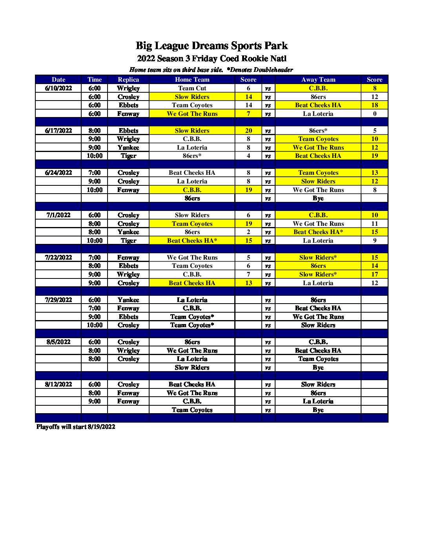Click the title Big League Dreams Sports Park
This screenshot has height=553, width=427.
click(212, 46)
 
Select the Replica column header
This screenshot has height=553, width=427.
click(128, 79)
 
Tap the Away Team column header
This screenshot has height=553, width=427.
click(318, 79)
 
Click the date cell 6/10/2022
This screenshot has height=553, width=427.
click(58, 88)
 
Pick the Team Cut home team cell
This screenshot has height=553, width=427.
click(192, 88)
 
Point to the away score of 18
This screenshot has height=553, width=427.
click(374, 105)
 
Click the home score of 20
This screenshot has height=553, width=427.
click(248, 131)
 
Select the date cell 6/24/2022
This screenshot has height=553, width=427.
click(58, 173)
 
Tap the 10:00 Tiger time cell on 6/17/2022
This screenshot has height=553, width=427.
click(95, 156)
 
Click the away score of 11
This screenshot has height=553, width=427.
click(374, 224)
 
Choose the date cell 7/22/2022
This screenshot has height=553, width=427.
click(58, 258)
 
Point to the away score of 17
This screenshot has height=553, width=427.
click(374, 275)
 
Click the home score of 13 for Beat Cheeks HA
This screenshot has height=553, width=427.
click(248, 283)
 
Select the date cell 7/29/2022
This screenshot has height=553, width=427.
click(58, 300)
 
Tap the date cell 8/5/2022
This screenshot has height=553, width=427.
click(58, 342)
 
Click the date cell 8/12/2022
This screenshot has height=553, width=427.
click(58, 385)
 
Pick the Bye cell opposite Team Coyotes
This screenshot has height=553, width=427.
click(318, 410)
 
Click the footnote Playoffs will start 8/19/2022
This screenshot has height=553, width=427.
click(76, 427)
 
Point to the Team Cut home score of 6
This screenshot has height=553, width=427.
click(248, 88)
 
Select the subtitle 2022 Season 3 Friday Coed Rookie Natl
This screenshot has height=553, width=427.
click(212, 59)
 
